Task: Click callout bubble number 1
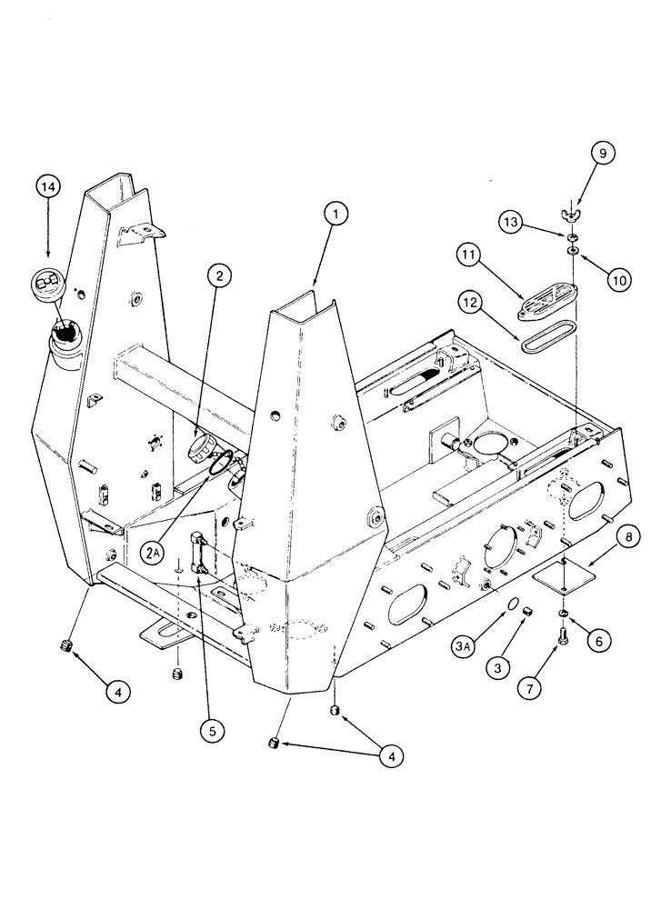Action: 336,215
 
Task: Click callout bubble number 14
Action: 49,187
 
